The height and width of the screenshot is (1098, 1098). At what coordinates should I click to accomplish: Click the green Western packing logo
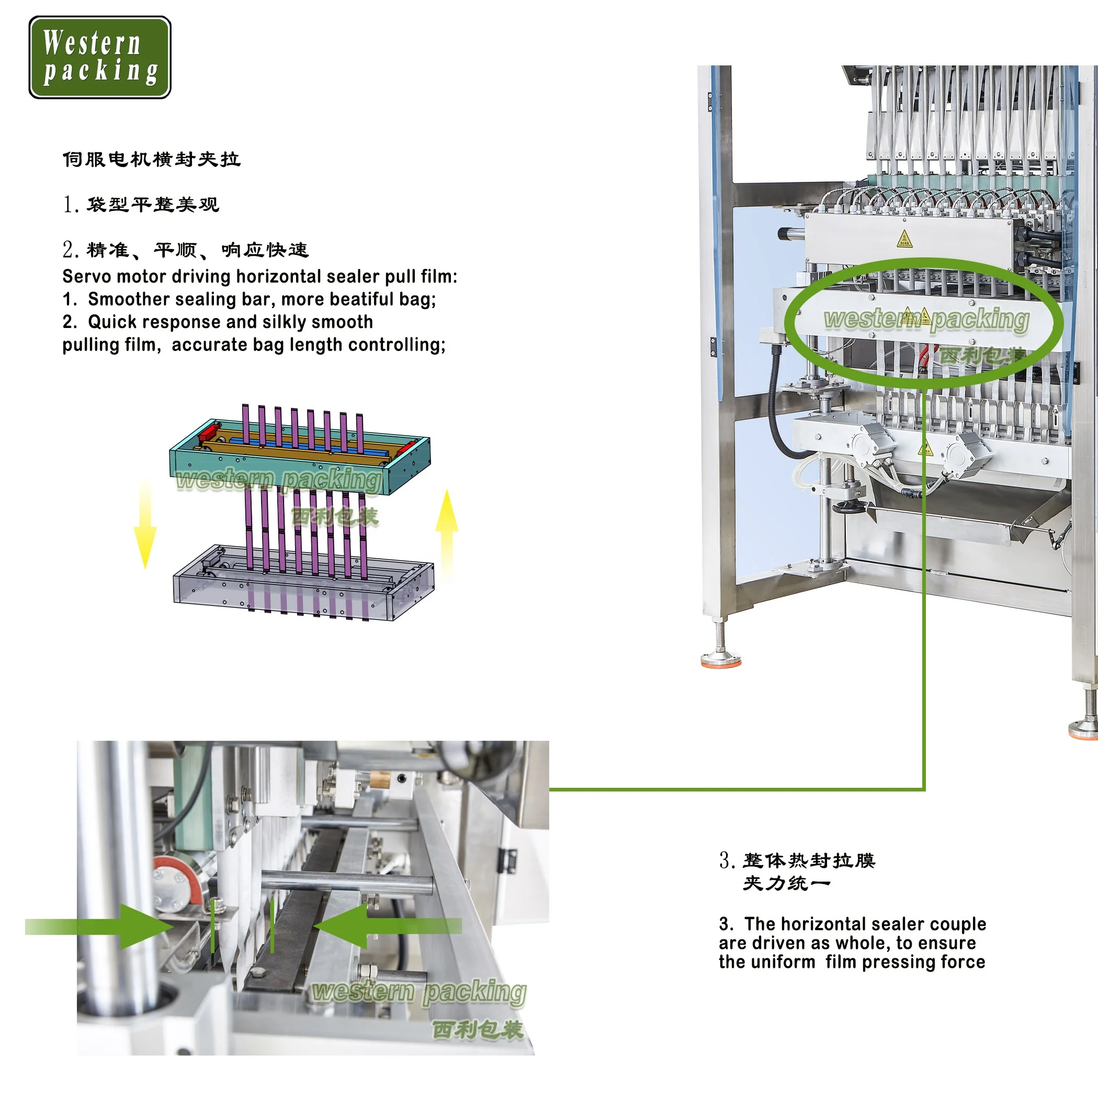99,57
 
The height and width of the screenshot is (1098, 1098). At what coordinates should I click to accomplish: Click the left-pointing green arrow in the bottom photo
387,926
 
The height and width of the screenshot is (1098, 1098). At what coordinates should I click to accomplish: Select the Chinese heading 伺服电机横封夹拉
151,160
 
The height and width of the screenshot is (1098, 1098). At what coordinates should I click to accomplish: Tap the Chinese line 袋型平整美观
152,205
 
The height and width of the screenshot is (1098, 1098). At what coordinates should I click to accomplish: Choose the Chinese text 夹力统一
787,883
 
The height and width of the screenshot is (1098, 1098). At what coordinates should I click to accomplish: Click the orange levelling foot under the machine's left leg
721,660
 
